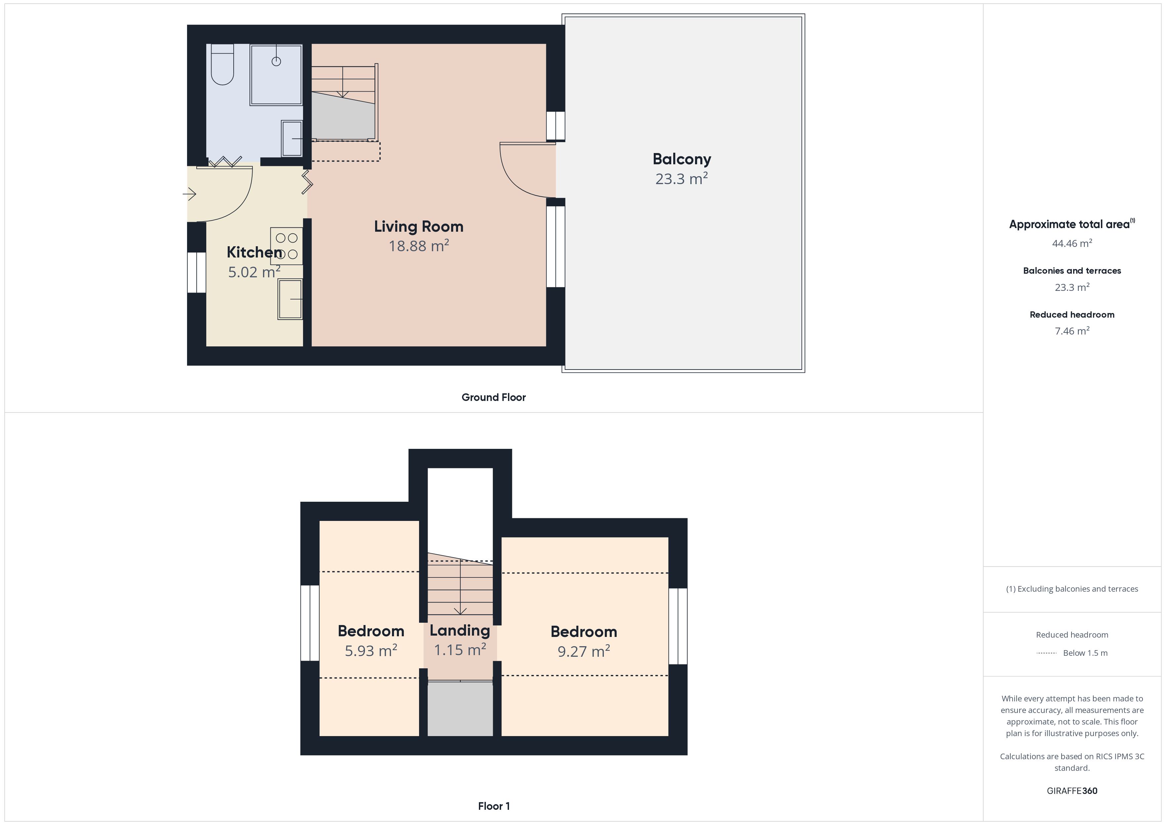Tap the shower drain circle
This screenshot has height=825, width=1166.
[276, 61]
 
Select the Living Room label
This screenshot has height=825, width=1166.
[418, 226]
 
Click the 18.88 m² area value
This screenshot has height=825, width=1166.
[418, 246]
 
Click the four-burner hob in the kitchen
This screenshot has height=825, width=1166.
[287, 246]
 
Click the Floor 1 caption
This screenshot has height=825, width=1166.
[494, 806]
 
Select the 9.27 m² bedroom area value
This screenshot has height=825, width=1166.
[584, 651]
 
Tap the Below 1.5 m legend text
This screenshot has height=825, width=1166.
[1085, 653]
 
